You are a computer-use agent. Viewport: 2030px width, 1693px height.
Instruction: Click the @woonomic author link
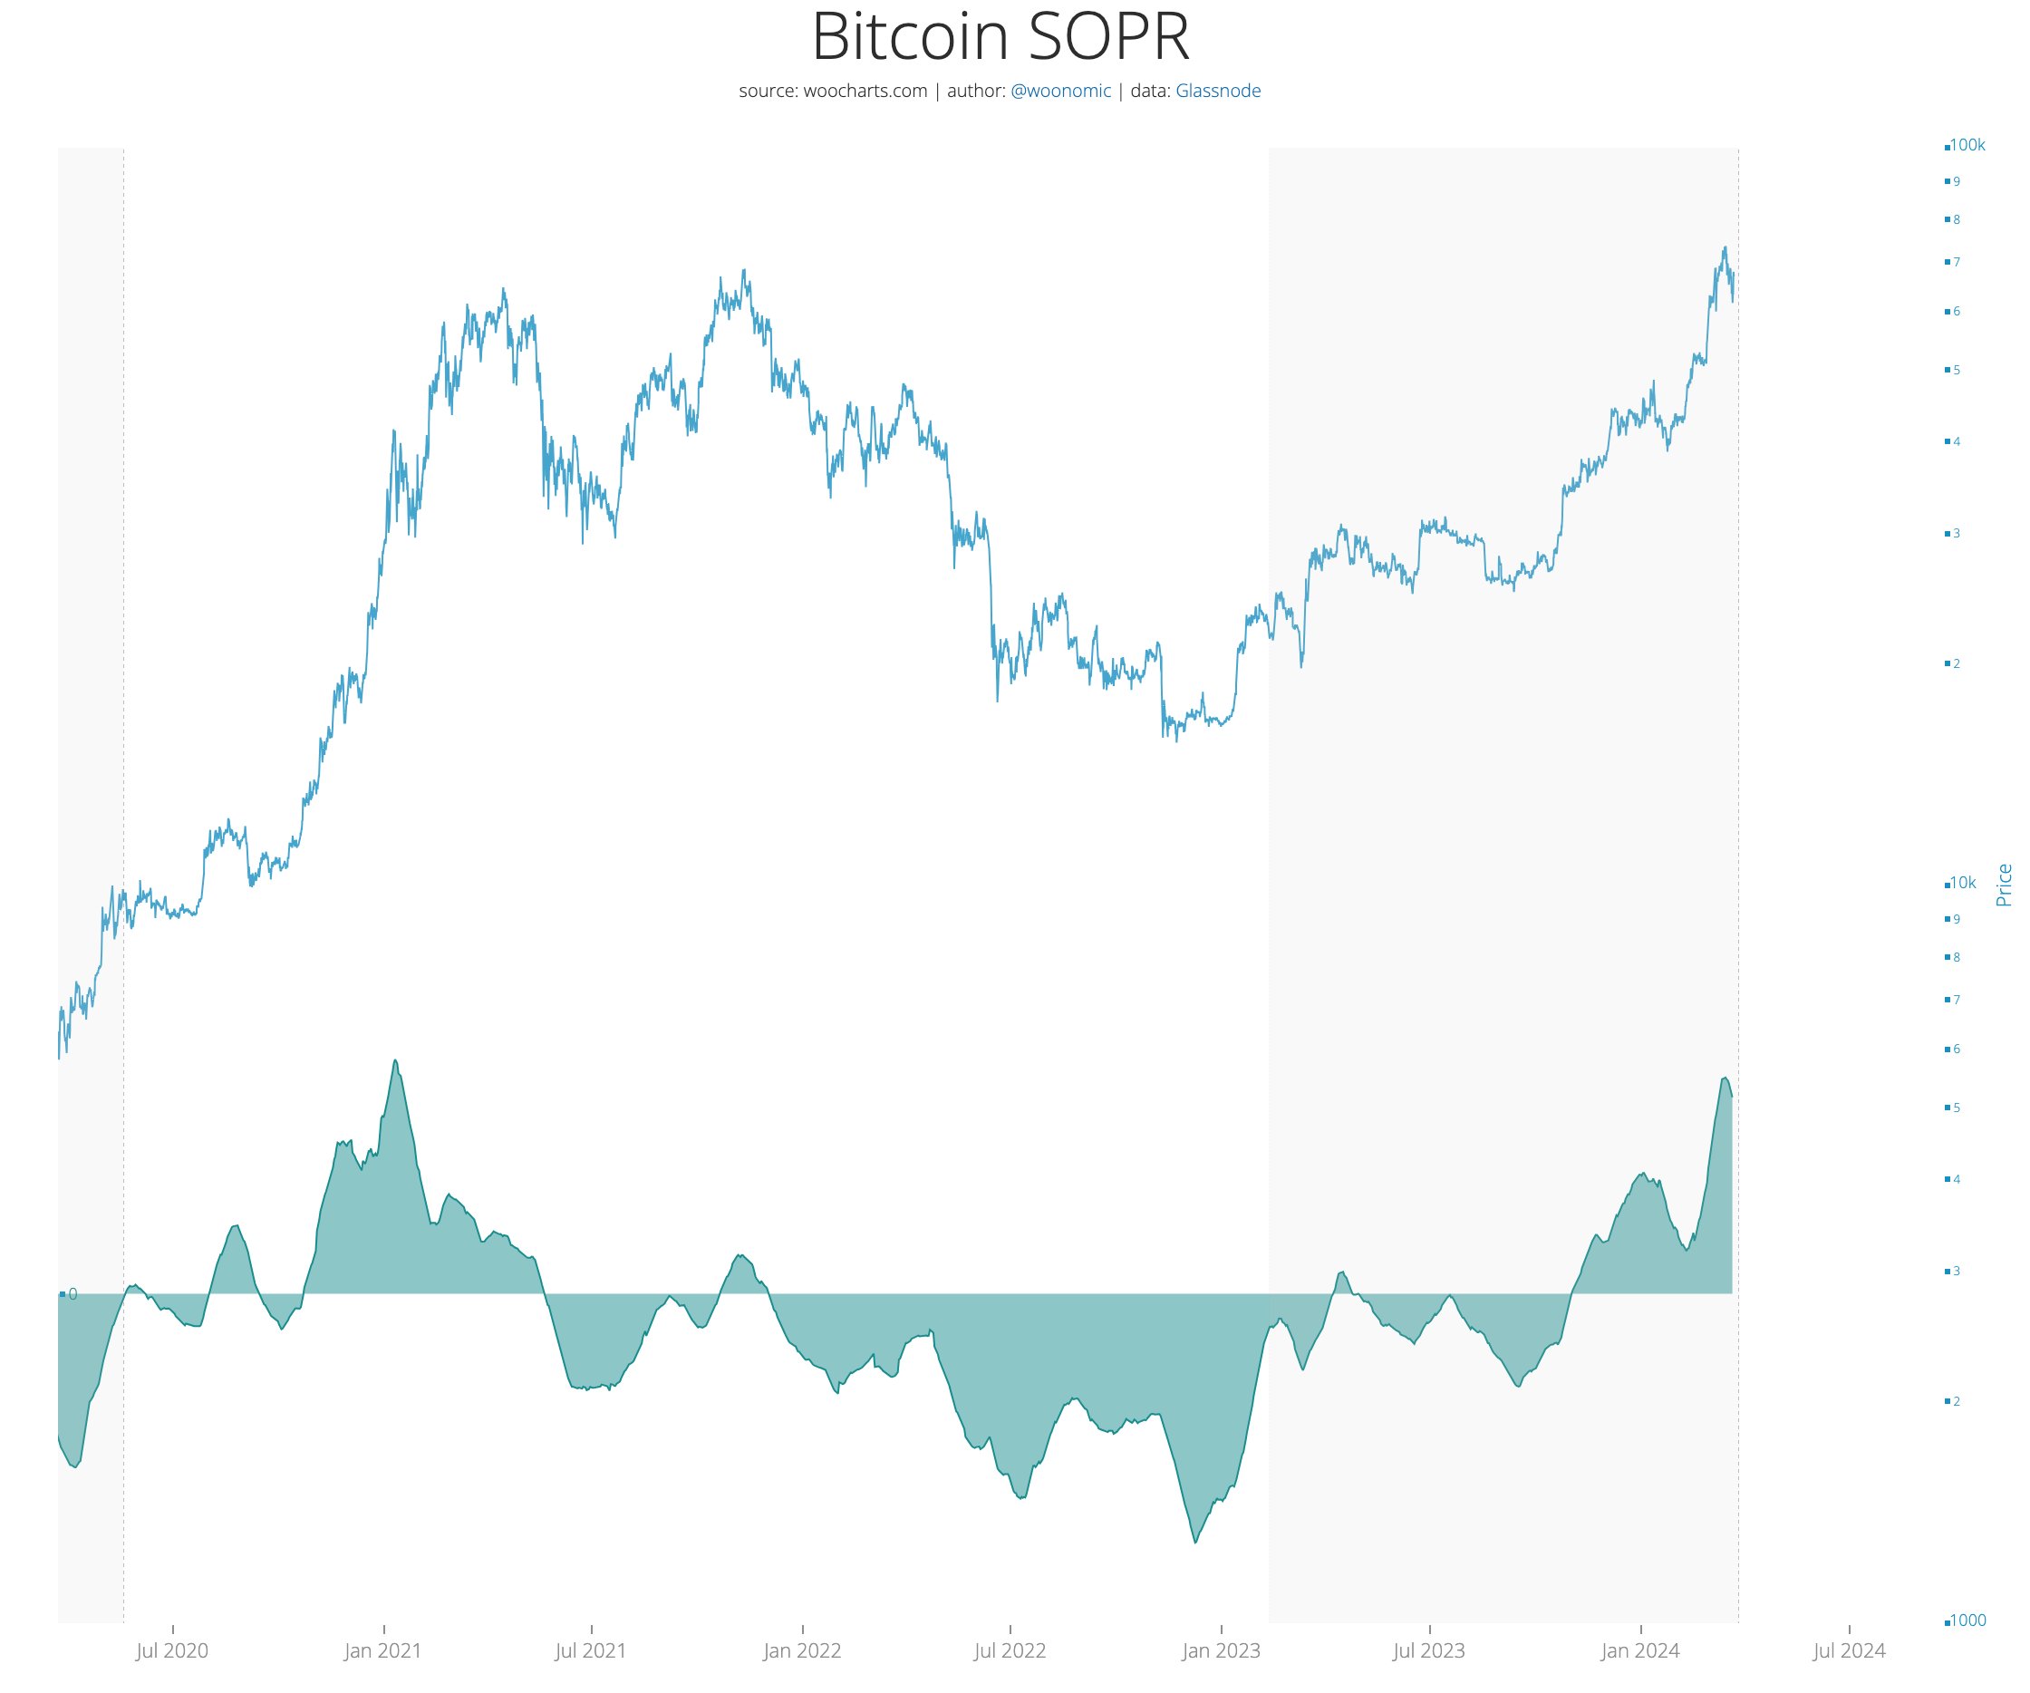1060,91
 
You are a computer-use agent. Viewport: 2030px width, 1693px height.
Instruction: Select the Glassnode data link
1217,91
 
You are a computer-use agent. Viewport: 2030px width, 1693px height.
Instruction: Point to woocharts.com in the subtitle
865,91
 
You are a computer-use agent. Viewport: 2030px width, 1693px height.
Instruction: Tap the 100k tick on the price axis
1967,146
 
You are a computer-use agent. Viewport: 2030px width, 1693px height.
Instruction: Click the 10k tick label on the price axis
1961,883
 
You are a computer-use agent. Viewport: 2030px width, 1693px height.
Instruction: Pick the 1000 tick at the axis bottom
1966,1620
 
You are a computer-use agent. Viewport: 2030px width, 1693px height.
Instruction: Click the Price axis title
2004,885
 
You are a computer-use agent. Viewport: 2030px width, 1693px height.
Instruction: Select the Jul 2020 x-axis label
172,1651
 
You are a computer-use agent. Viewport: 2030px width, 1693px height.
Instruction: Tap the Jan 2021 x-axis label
382,1651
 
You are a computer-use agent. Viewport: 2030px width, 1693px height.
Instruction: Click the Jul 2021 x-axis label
591,1651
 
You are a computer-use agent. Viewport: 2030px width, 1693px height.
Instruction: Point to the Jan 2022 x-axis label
802,1651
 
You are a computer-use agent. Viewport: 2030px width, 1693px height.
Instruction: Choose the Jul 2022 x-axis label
1010,1651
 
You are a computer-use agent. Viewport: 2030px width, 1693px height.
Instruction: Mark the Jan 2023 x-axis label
1221,1651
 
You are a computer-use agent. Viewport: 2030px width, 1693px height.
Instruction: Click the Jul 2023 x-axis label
1429,1651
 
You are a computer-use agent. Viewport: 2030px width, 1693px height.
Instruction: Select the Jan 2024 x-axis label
1640,1651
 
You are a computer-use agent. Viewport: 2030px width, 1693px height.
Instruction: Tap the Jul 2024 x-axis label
1848,1651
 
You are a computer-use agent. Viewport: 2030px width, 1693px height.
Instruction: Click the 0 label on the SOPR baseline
72,1294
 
